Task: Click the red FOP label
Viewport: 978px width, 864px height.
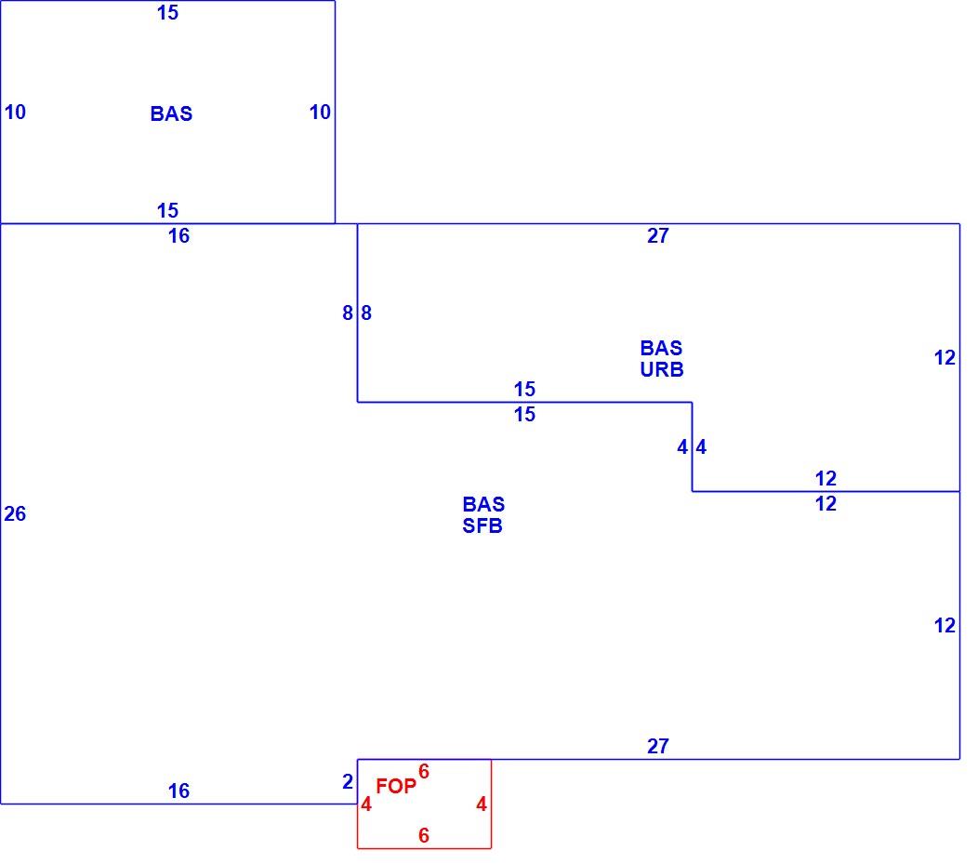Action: coord(395,786)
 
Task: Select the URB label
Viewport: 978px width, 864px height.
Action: coord(662,369)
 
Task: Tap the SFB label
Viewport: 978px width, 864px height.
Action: coord(482,525)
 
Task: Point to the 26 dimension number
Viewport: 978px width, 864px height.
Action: coord(15,513)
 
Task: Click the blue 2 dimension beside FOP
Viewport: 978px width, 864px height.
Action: coord(348,781)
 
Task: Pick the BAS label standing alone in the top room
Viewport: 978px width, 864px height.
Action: coord(172,113)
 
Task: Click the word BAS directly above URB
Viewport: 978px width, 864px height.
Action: coord(661,348)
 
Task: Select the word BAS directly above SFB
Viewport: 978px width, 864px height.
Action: coord(483,503)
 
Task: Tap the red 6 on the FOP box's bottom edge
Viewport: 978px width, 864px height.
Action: coord(424,834)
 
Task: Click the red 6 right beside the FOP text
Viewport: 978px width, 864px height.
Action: coord(424,771)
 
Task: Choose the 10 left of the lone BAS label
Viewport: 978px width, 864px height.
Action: coord(15,112)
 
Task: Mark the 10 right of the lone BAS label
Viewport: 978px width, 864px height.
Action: coord(320,112)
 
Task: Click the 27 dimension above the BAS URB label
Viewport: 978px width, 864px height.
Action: coord(658,235)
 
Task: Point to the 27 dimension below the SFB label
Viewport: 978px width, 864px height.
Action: coord(658,746)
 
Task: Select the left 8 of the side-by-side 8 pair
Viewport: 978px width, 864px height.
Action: coord(348,312)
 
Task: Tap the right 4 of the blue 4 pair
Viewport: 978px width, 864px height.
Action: coord(701,446)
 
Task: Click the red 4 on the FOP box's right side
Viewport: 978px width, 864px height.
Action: coord(481,804)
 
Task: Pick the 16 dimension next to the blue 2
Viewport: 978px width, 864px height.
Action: coord(178,791)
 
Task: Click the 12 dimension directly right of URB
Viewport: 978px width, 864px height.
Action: coord(945,357)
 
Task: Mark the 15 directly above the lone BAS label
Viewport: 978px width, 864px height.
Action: coord(167,12)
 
